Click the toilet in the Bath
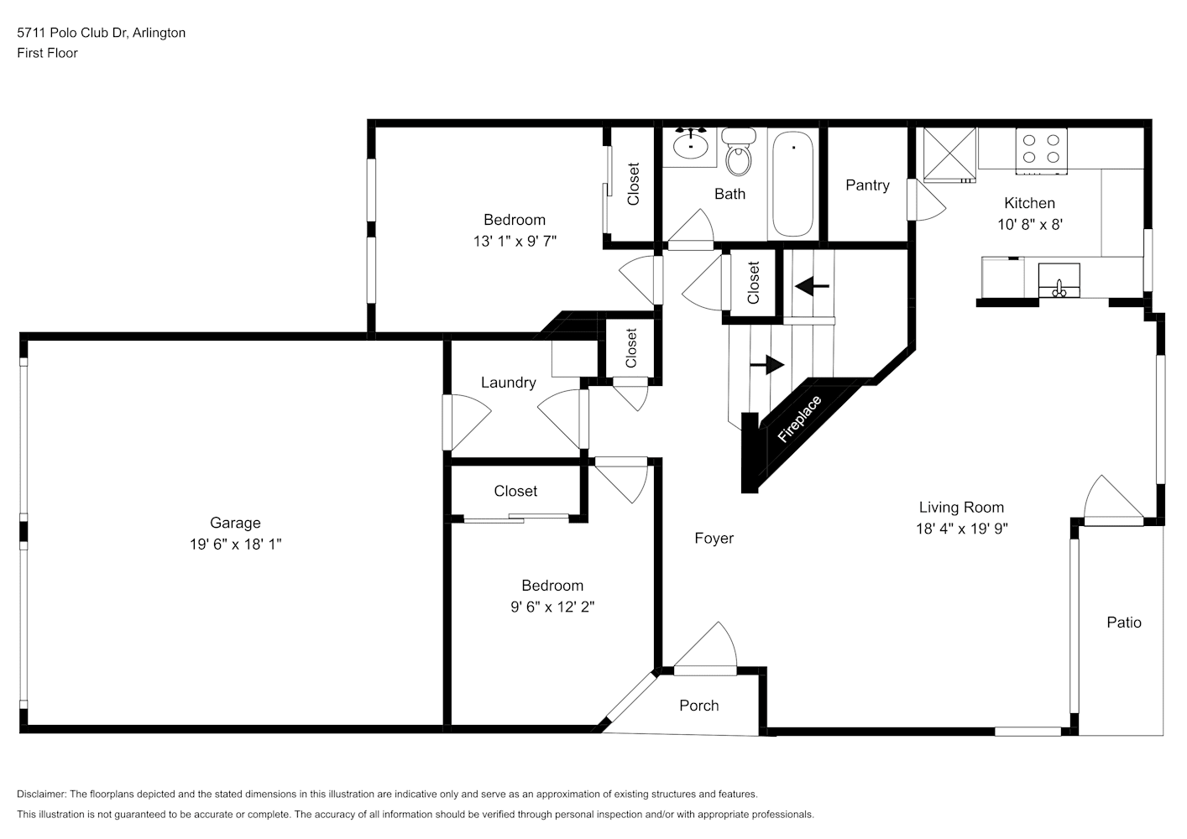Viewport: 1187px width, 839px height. tap(738, 152)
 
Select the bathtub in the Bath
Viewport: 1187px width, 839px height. tap(792, 184)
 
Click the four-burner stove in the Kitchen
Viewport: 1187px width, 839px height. tap(1041, 150)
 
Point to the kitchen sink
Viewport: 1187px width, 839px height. tap(1059, 280)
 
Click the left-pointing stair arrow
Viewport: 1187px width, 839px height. tap(812, 286)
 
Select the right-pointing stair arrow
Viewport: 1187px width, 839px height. tap(766, 364)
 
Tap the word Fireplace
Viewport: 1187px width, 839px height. tap(800, 419)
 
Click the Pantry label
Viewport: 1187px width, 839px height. tap(867, 185)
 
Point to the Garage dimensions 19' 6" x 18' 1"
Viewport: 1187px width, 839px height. tap(235, 544)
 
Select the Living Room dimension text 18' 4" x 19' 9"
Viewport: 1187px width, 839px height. tap(962, 528)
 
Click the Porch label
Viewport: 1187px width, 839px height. tap(699, 706)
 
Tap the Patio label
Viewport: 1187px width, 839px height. tap(1124, 622)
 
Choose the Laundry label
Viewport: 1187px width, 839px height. tap(508, 383)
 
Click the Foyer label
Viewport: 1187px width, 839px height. tap(714, 538)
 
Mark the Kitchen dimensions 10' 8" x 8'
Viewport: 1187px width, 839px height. tap(1030, 225)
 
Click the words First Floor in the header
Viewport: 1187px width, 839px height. tap(47, 53)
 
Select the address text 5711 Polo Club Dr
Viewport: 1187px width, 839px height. tap(72, 33)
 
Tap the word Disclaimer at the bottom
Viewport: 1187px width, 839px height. tap(41, 794)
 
